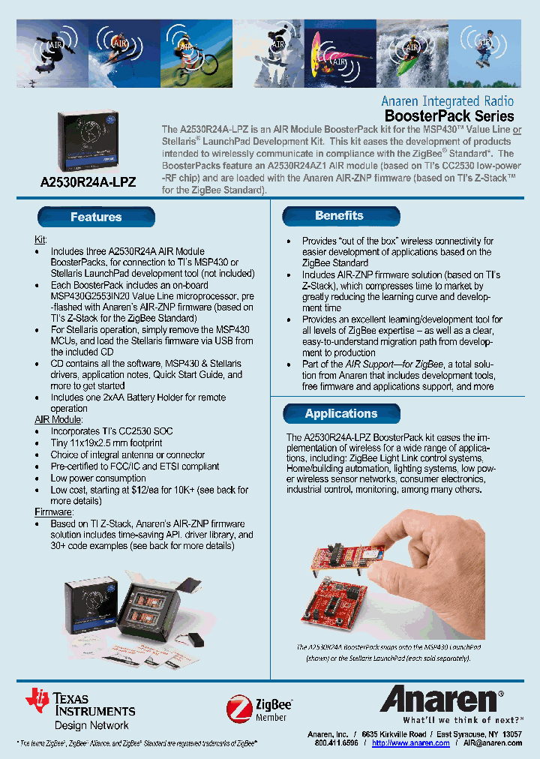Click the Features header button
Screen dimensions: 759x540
pos(96,217)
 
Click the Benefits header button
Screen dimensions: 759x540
pos(339,216)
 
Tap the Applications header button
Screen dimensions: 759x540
pos(341,414)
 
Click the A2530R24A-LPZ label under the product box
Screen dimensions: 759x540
pos(88,182)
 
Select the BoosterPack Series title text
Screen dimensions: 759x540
pos(449,116)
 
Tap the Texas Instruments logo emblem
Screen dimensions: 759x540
pos(37,699)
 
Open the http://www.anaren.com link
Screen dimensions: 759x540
pos(411,742)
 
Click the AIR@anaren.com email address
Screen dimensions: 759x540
pos(492,742)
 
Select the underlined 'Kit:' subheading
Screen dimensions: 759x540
pos(41,239)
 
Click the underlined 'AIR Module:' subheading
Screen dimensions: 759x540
pos(58,420)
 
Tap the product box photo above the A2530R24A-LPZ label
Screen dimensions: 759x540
pos(87,142)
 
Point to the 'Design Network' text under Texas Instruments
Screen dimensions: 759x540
pos(91,725)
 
